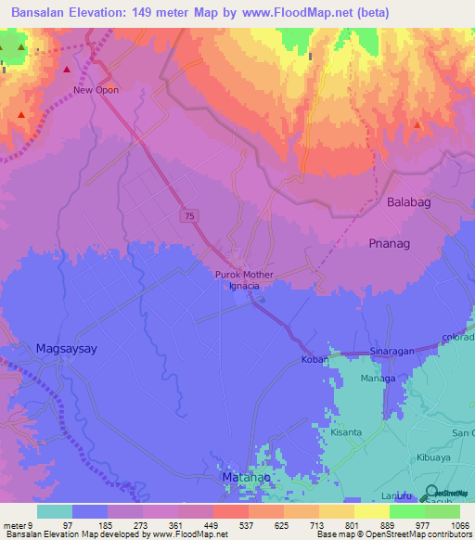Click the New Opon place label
coord(96,90)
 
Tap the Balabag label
coord(409,201)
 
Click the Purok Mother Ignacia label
coord(244,280)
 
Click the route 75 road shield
coord(189,215)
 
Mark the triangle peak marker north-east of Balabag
coord(417,124)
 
